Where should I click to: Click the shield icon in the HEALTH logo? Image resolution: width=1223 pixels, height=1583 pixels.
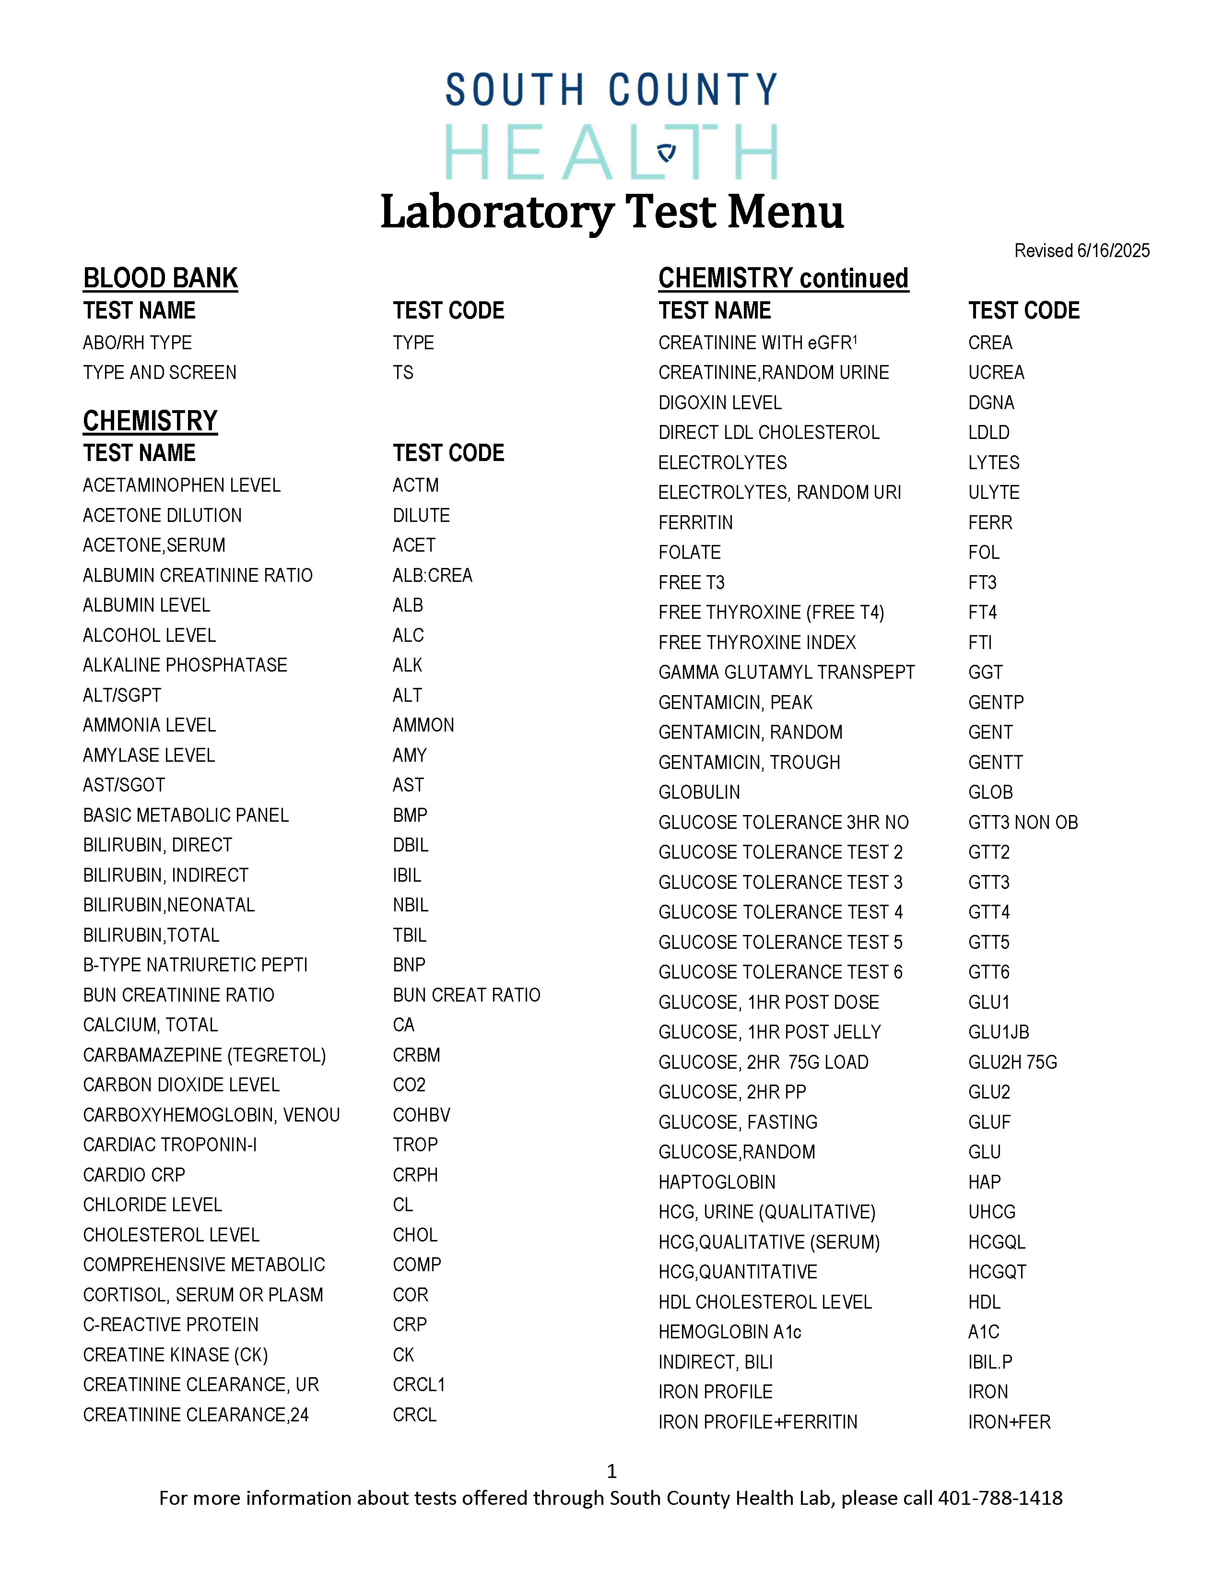[x=666, y=152]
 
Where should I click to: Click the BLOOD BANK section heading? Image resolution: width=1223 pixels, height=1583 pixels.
[x=160, y=278]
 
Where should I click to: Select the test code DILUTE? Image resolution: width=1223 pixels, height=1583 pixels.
[x=421, y=515]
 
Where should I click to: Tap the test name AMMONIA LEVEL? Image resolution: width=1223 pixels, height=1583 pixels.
[x=149, y=725]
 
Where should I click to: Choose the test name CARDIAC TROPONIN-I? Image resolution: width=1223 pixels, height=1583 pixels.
[x=169, y=1145]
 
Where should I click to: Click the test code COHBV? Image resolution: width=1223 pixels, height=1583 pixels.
[x=422, y=1115]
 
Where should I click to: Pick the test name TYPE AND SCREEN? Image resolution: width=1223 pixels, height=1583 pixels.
[x=159, y=373]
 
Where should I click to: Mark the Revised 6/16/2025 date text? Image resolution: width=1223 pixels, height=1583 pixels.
[x=1081, y=251]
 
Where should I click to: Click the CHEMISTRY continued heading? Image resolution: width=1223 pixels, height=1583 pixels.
[x=783, y=278]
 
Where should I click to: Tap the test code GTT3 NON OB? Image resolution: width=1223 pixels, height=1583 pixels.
[x=1023, y=823]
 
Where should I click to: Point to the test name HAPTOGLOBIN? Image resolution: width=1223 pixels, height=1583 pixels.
[x=717, y=1182]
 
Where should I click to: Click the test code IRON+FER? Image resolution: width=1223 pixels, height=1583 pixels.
[x=1009, y=1422]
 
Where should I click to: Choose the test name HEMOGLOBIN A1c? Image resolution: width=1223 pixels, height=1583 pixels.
[x=729, y=1332]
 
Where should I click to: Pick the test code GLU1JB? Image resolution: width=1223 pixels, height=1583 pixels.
[x=999, y=1032]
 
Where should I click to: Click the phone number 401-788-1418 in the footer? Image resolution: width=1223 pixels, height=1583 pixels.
[x=1000, y=1498]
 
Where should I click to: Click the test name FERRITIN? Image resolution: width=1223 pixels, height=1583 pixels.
[x=695, y=522]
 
